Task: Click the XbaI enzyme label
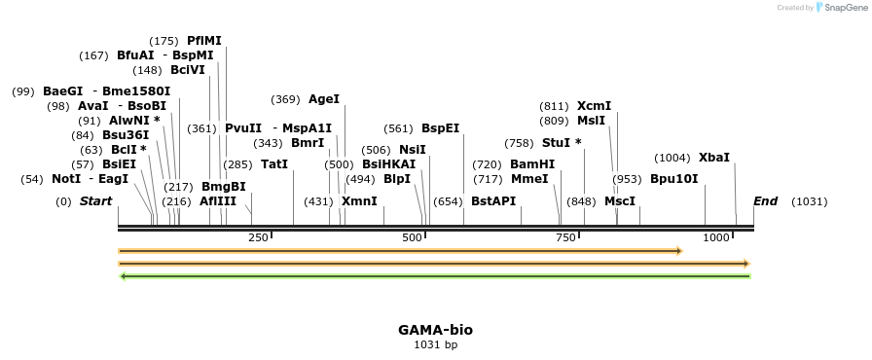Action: pos(713,158)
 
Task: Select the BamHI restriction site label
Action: pos(532,164)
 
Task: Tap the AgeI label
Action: pos(324,99)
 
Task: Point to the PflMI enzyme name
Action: pos(204,41)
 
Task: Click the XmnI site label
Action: pos(359,201)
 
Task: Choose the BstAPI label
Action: pos(493,201)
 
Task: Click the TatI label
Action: pos(274,164)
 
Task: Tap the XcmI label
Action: pos(594,106)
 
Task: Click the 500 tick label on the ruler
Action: pos(413,237)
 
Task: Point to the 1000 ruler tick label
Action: pos(717,237)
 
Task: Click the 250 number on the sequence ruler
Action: pos(258,237)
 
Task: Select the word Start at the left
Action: pos(95,201)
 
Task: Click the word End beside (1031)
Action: pos(766,201)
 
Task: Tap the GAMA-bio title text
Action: pos(435,330)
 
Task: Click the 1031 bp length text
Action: pos(435,344)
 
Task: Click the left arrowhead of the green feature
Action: pos(122,276)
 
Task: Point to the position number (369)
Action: pos(285,99)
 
